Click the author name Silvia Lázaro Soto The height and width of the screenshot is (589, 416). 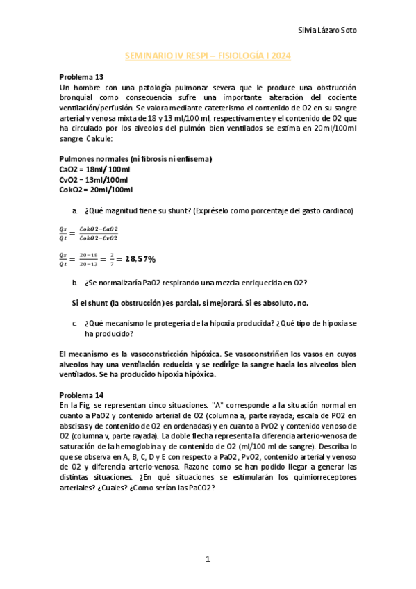[x=328, y=30]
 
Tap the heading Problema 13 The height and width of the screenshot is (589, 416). [x=81, y=77]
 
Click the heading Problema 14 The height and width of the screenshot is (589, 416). [x=81, y=394]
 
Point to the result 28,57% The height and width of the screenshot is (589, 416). [x=140, y=259]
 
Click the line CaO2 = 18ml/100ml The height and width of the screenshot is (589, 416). [x=94, y=169]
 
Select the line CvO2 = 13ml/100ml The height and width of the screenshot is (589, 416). [x=94, y=179]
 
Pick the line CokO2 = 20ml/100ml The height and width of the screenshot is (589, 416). [x=97, y=189]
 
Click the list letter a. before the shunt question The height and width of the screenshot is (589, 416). [x=74, y=210]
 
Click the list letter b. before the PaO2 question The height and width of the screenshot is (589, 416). [x=74, y=282]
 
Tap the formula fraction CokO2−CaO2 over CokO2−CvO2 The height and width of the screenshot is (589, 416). [x=99, y=233]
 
